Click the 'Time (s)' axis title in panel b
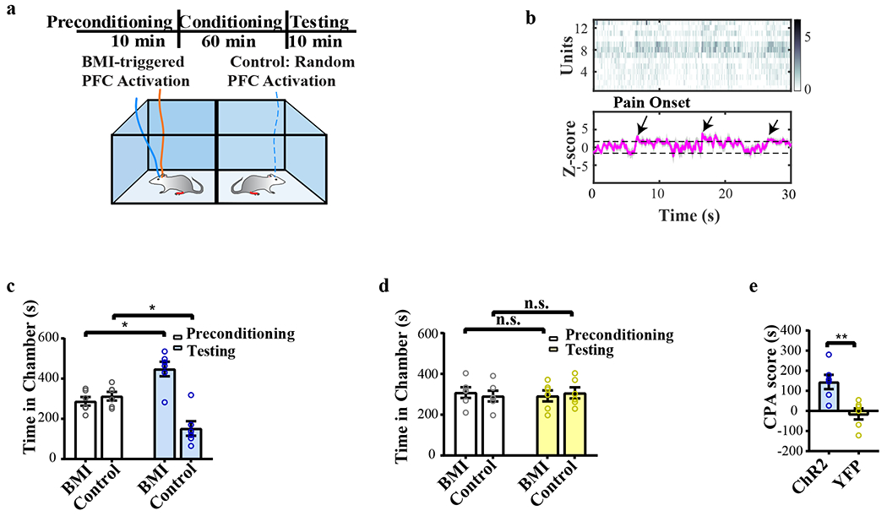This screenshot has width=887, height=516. coord(691,213)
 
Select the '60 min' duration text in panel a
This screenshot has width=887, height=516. coord(232,41)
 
